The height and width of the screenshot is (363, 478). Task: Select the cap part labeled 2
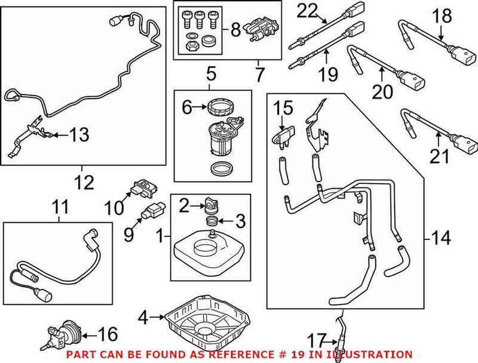coord(211,205)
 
